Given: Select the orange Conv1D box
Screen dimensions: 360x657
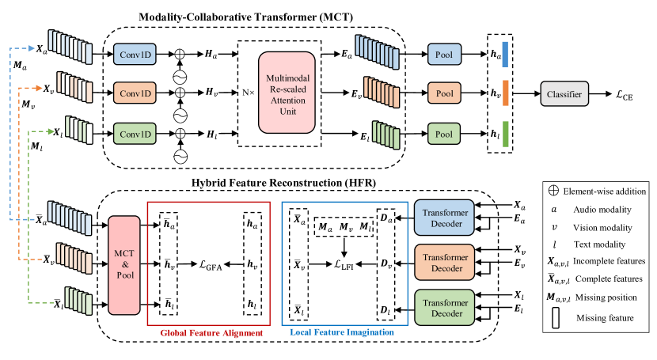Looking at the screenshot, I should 135,93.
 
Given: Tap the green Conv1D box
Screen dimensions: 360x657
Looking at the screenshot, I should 135,134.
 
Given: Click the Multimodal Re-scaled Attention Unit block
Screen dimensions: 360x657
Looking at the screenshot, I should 287,93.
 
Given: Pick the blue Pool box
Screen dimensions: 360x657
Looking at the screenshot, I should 444,55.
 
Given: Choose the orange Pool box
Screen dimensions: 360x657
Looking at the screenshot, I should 444,93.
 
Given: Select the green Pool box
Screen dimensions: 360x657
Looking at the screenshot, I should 444,134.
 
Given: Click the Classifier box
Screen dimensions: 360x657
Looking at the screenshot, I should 564,94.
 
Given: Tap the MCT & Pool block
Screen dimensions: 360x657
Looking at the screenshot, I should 123,264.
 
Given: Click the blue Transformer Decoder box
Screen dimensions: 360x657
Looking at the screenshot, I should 444,218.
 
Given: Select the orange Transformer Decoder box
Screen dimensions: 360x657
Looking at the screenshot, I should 444,263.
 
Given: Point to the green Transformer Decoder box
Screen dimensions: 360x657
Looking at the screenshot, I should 444,307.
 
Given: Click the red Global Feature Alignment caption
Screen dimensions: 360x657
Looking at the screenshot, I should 211,333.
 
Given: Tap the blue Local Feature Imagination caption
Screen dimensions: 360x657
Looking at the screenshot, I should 342,333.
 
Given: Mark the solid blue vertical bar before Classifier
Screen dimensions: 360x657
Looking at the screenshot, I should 505,55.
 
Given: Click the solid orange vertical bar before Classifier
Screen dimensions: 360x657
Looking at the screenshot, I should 505,93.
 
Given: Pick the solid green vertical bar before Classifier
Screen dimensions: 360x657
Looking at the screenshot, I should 505,134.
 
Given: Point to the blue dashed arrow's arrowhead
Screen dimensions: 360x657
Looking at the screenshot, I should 32,48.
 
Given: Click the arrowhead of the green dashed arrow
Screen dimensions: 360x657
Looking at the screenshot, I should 51,131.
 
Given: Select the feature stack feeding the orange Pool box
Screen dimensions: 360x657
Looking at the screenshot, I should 382,92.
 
